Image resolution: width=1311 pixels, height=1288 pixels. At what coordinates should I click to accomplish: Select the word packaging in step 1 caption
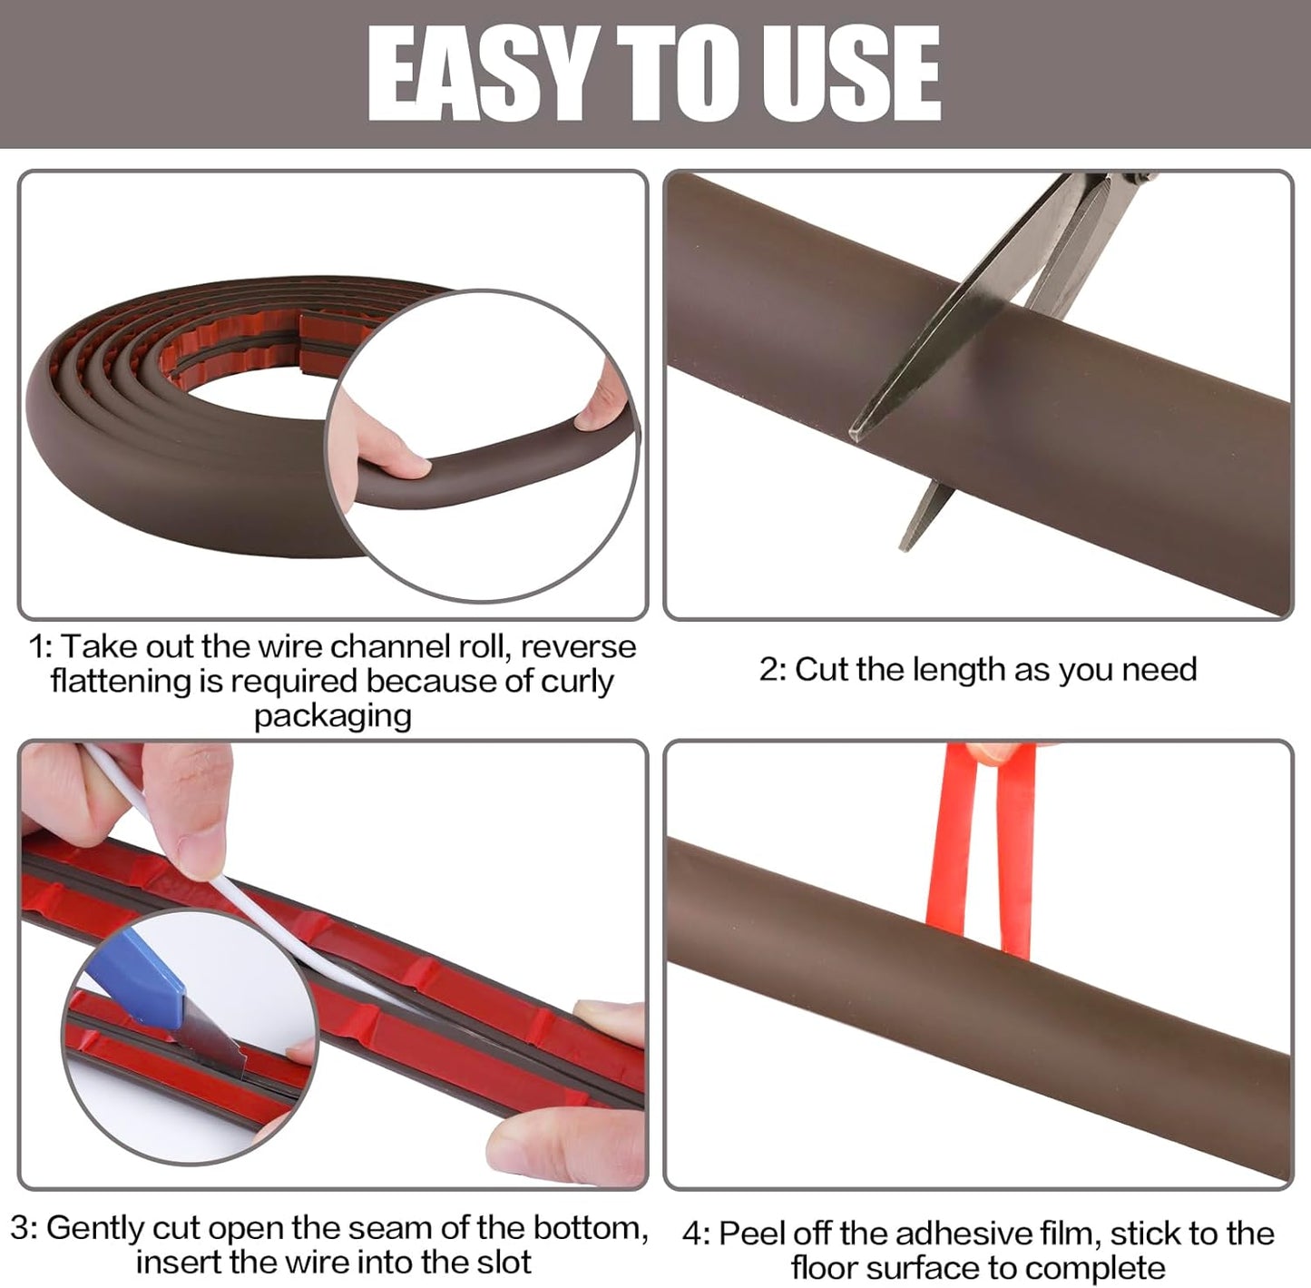tap(332, 716)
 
